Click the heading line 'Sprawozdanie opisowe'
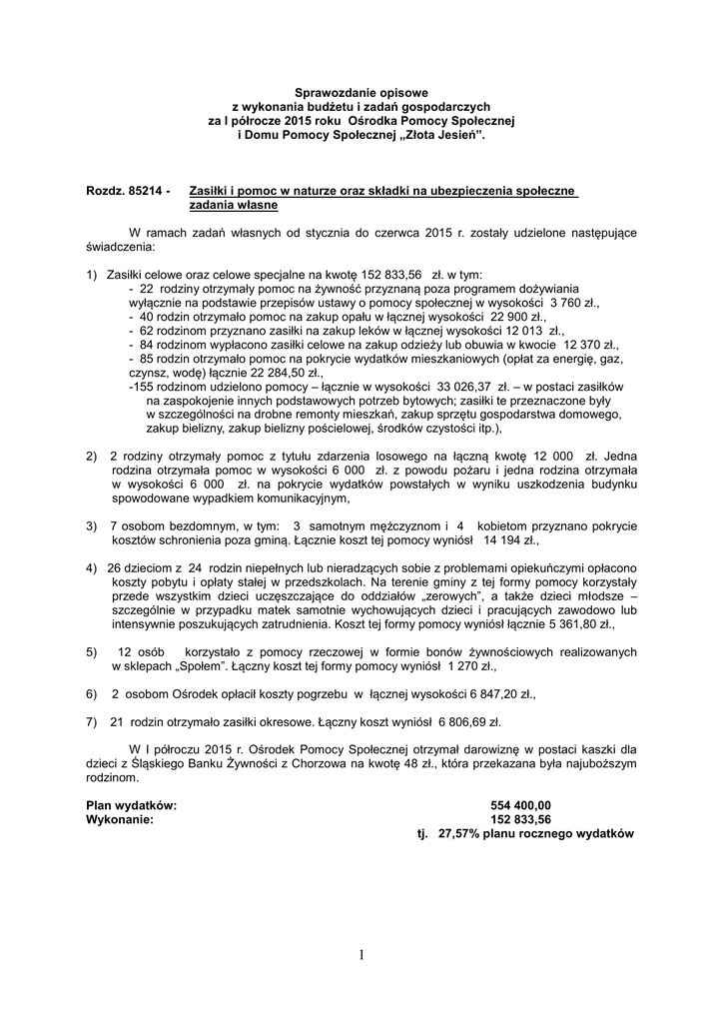coord(361,92)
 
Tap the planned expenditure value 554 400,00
coord(520,804)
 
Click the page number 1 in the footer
coord(362,955)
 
